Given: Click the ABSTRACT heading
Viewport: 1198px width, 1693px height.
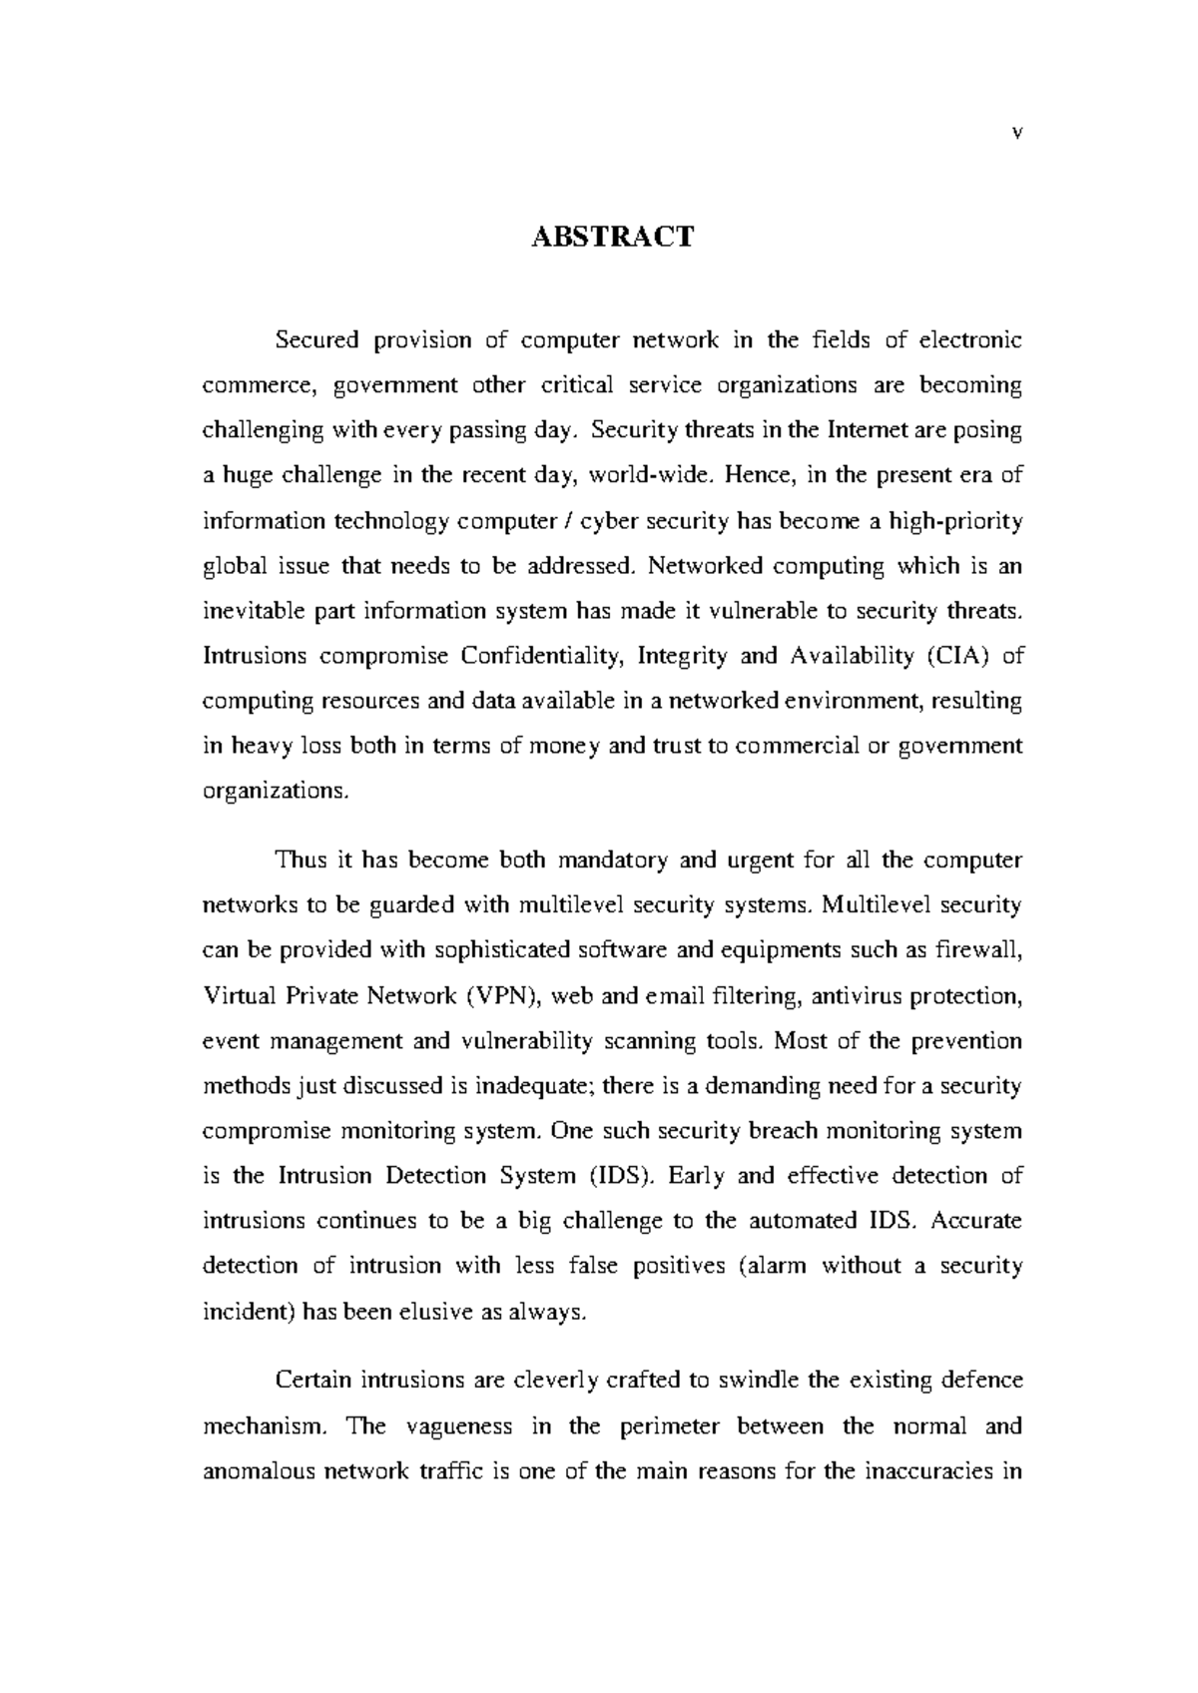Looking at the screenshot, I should (611, 238).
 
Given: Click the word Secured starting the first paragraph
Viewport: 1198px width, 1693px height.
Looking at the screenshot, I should (316, 340).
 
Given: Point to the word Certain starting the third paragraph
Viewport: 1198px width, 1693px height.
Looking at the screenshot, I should (312, 1382).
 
